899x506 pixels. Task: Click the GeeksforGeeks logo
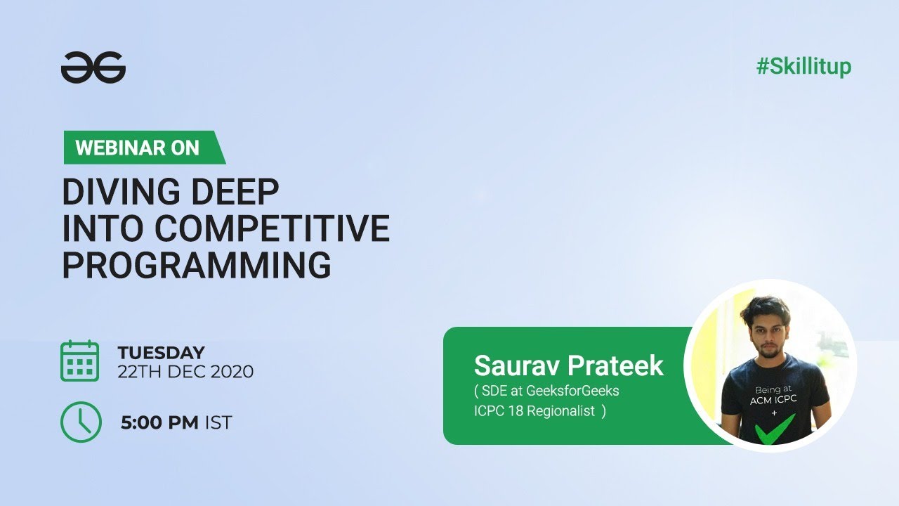[x=93, y=67]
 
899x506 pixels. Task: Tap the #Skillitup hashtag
[x=803, y=67]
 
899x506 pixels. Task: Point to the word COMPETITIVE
[x=273, y=228]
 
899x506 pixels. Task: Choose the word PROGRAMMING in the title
[x=197, y=266]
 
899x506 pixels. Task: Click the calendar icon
[x=79, y=361]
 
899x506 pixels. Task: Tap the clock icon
[x=81, y=422]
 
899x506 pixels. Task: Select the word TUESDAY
[x=161, y=352]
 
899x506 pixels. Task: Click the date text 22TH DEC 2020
[x=185, y=371]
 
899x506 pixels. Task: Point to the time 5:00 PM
[x=160, y=423]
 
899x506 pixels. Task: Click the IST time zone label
[x=218, y=423]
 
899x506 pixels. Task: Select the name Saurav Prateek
[x=568, y=365]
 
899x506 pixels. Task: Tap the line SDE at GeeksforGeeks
[x=546, y=391]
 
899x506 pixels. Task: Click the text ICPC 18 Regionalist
[x=539, y=411]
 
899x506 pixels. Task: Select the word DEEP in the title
[x=235, y=192]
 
